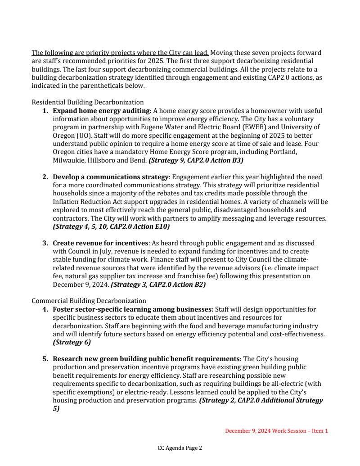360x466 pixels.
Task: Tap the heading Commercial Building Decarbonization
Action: click(89, 300)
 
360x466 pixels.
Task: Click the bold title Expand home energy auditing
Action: click(102, 110)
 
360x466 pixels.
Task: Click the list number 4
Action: click(45, 309)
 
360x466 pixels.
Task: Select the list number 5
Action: click(45, 359)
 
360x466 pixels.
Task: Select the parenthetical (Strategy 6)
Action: click(72, 342)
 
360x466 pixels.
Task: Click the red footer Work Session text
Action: click(276, 431)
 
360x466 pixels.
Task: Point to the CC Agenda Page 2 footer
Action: click(180, 448)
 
